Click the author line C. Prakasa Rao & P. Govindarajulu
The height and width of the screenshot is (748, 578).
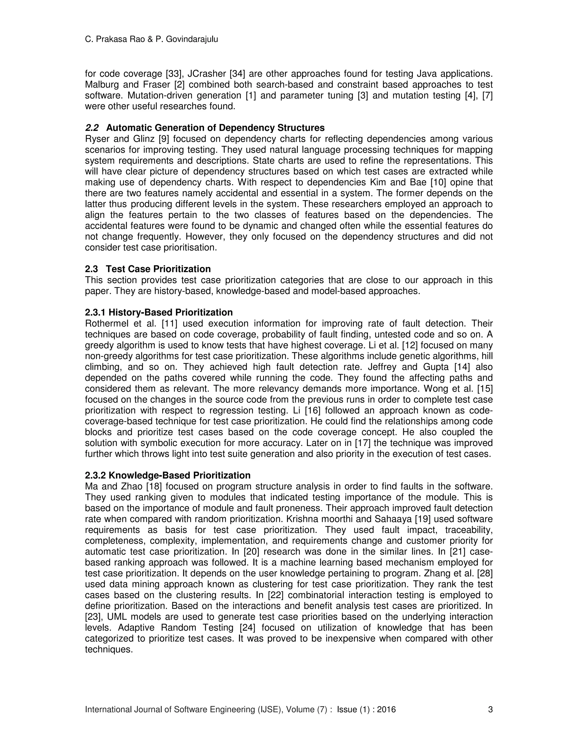click(151, 40)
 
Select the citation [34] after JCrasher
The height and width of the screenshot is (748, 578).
click(236, 74)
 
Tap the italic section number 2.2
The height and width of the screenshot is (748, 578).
click(92, 128)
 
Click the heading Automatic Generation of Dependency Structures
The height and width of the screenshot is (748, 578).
click(215, 128)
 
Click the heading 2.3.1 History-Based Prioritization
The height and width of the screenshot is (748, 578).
click(159, 312)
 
